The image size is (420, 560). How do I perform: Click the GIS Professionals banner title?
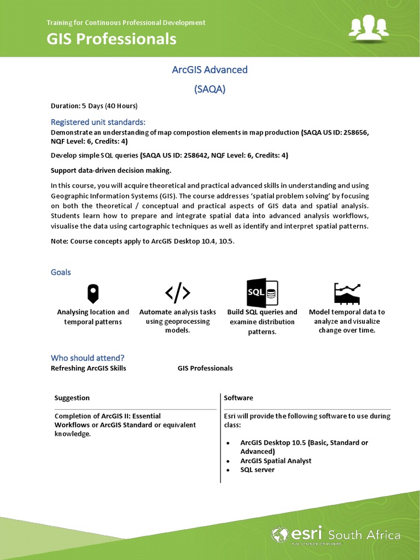(112, 39)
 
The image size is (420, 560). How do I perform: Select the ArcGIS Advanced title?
(210, 69)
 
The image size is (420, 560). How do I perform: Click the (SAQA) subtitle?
(210, 89)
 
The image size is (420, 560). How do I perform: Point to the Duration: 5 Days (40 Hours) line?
(94, 106)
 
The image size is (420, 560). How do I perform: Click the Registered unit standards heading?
(98, 121)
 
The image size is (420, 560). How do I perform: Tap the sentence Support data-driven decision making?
(111, 170)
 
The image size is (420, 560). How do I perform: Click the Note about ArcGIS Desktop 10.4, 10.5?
(143, 241)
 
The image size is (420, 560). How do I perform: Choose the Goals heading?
(61, 272)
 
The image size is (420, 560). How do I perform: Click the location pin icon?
(93, 294)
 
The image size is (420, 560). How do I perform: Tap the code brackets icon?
(178, 294)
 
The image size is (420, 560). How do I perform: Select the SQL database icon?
(262, 293)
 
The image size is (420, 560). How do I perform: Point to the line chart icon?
(347, 294)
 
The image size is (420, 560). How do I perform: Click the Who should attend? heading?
(87, 358)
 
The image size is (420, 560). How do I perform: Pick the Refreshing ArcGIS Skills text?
(89, 368)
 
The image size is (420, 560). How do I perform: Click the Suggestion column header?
(72, 398)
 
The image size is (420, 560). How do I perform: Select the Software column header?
(238, 398)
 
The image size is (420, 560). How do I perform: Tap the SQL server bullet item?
(257, 470)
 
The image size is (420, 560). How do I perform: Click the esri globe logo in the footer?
(280, 534)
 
